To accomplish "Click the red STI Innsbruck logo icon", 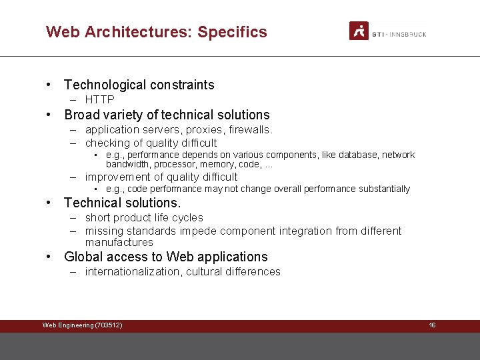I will coord(359,31).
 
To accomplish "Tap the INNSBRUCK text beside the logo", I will coord(407,34).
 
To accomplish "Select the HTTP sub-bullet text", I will coord(99,100).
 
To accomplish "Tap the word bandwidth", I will coord(129,164).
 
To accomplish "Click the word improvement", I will coord(118,177).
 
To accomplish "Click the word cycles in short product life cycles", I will coord(188,217).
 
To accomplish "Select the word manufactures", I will coord(119,242).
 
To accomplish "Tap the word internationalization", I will coord(133,271).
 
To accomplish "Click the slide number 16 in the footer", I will coord(432,325).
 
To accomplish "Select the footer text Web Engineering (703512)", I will coord(82,325).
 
